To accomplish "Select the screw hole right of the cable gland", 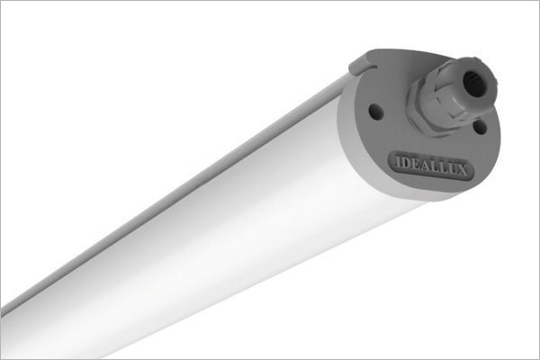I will click(480, 127).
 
